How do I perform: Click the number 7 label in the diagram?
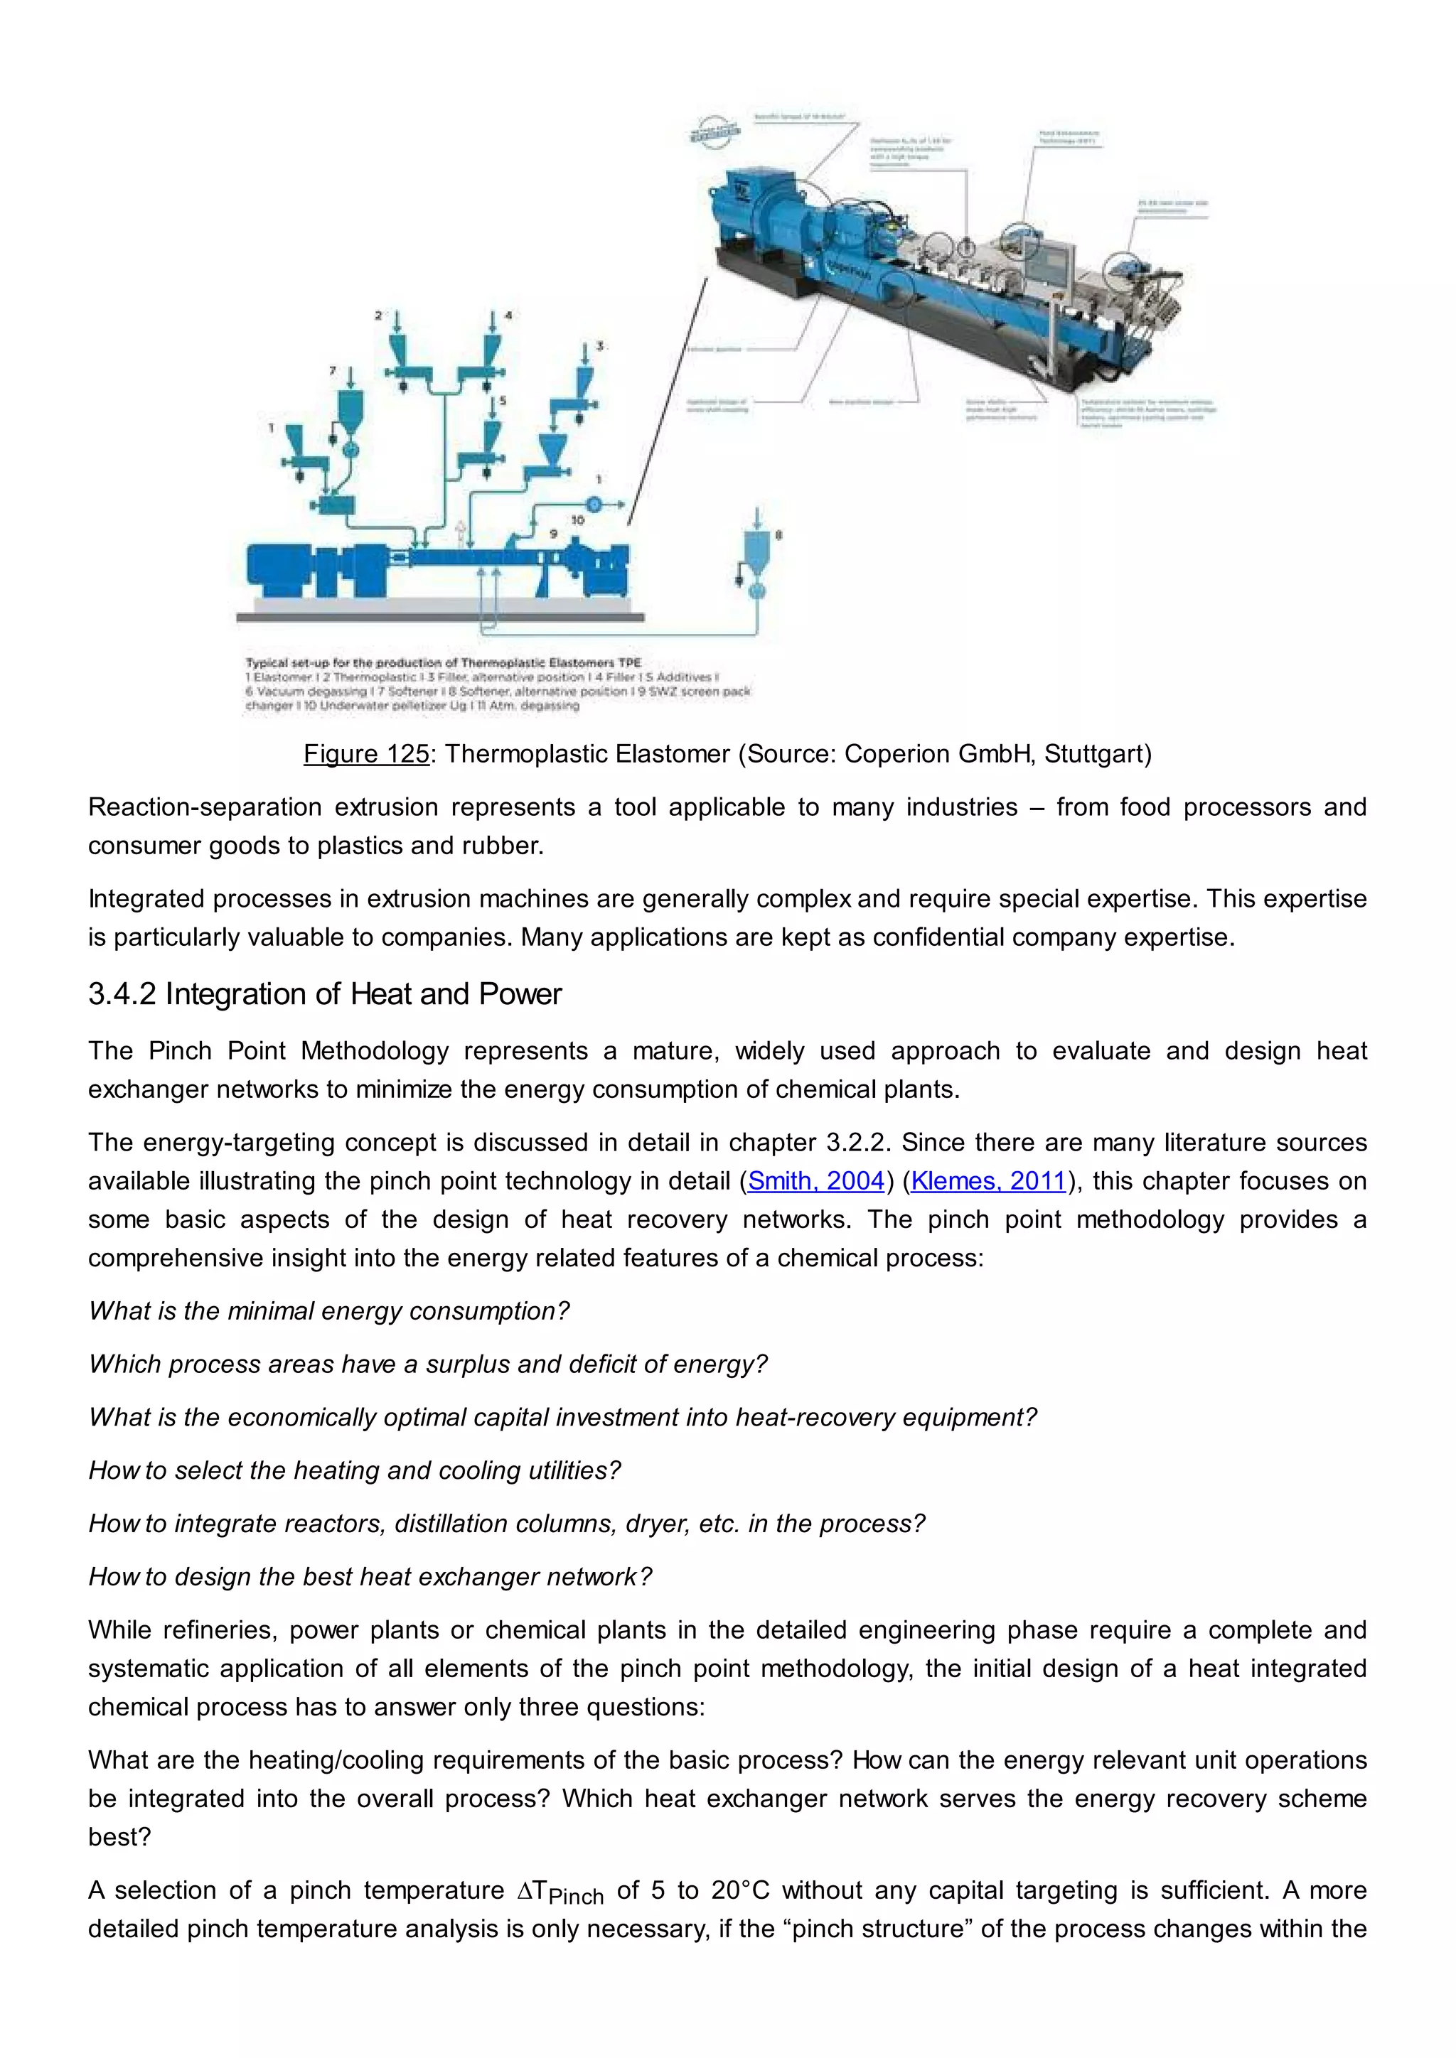(x=333, y=370)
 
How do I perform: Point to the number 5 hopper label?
(x=503, y=401)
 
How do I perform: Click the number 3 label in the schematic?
(x=600, y=345)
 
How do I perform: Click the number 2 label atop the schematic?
(x=378, y=316)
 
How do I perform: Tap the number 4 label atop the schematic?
(x=508, y=316)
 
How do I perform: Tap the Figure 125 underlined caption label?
(x=366, y=754)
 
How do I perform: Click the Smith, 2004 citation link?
(x=816, y=1181)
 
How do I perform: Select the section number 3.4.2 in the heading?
(x=122, y=994)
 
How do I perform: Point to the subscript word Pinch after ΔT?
(x=576, y=1897)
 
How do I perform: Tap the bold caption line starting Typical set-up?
(x=443, y=663)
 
